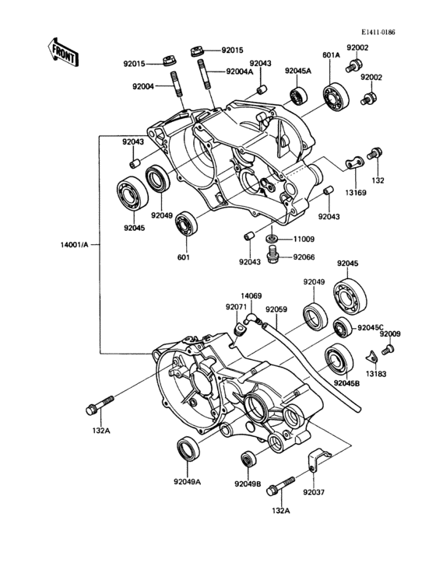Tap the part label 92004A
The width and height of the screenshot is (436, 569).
point(241,72)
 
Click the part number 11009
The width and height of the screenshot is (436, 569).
point(305,240)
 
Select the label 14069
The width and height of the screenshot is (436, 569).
point(251,295)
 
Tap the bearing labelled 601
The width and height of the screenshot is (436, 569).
point(185,225)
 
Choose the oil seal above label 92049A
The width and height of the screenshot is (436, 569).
point(188,451)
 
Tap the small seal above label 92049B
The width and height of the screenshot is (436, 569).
point(248,459)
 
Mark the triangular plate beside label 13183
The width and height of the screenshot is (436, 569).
point(372,357)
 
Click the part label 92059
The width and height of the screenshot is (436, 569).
point(277,309)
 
